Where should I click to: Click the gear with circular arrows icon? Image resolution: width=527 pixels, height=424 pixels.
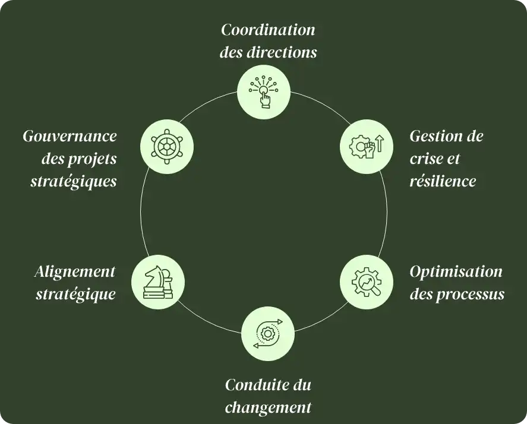point(268,334)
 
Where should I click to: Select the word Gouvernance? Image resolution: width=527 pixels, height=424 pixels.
point(70,136)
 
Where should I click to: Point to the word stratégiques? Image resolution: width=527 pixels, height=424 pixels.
point(74,181)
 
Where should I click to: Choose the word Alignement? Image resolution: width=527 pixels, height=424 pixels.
point(75,271)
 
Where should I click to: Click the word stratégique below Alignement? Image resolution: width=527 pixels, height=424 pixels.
point(75,293)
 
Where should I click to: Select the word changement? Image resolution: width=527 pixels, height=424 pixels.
point(269,407)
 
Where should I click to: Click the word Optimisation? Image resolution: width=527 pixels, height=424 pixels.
point(456,271)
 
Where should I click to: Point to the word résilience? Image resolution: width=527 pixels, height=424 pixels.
point(443,181)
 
